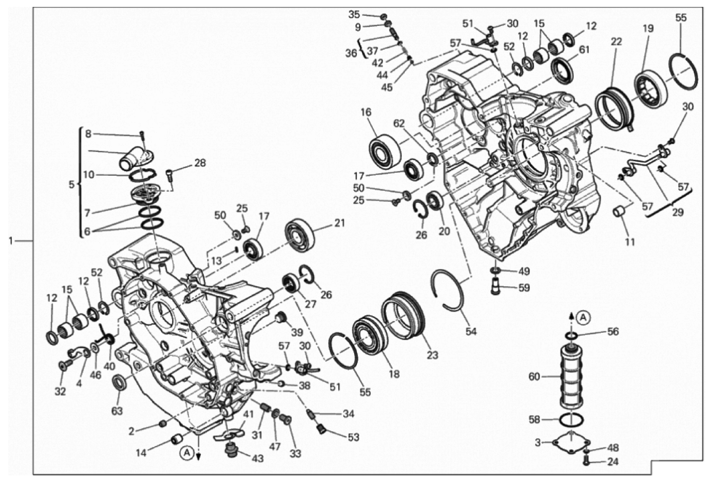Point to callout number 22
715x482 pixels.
point(616,42)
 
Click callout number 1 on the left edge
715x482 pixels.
point(11,241)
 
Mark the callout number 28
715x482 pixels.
point(200,163)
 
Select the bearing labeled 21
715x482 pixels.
point(299,236)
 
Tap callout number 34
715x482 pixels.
point(348,414)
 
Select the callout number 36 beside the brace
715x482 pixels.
point(351,53)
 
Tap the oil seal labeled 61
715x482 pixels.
point(562,71)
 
